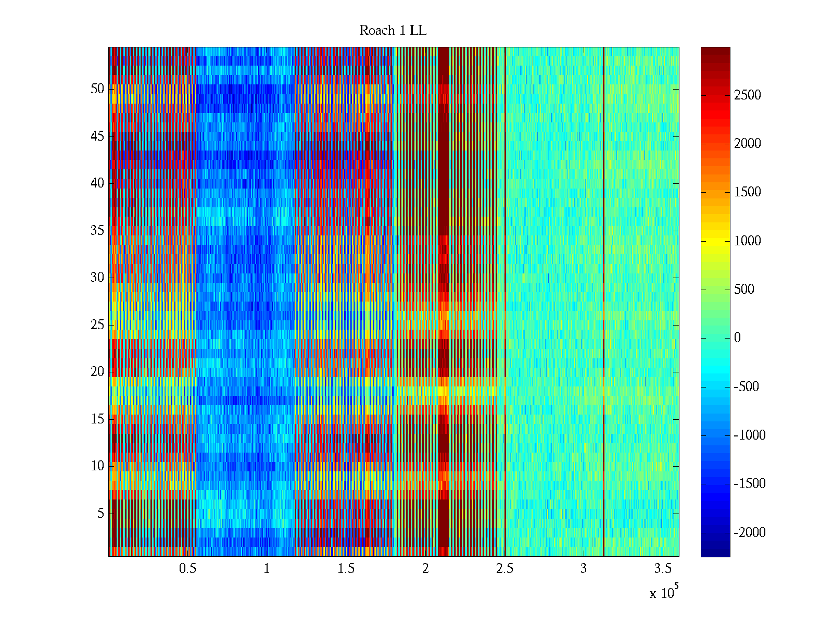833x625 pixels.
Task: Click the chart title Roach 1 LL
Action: (x=393, y=31)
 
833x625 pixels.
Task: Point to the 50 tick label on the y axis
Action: (x=97, y=89)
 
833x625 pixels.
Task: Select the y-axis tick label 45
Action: (x=97, y=136)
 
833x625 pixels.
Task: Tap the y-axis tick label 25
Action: (x=97, y=325)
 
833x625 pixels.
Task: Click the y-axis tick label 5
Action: (x=100, y=514)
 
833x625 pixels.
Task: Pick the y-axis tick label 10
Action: (x=97, y=466)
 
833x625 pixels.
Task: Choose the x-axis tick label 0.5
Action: (x=187, y=569)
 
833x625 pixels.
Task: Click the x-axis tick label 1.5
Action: (x=346, y=569)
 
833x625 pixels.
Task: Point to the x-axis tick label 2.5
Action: (x=504, y=569)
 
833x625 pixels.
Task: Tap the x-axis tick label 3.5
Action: (x=663, y=569)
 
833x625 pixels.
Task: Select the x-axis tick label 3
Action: (x=584, y=569)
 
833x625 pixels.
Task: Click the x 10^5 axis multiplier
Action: (x=664, y=593)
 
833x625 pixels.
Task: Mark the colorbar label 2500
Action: (x=748, y=95)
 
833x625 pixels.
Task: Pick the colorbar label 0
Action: (x=737, y=338)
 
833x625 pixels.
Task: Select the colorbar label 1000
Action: (x=748, y=241)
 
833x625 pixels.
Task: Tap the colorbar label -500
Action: (x=747, y=386)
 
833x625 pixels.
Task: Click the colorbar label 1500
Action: (x=748, y=192)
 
